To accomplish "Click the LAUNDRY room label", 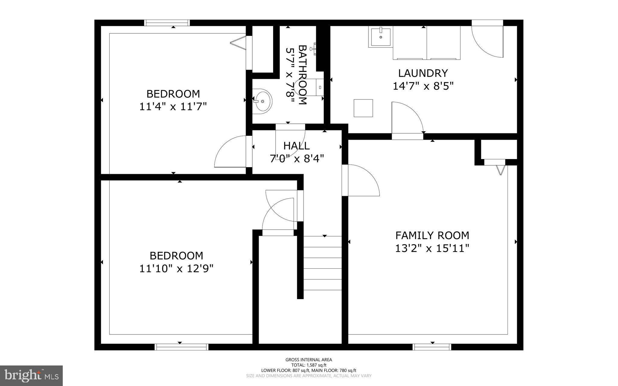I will point(423,73).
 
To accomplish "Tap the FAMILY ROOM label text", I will point(432,235).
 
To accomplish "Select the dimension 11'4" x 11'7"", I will point(173,107).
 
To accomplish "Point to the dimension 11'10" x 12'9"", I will point(176,268).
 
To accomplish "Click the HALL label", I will point(296,146).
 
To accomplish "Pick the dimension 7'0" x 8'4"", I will point(297,158).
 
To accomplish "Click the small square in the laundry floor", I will point(363,108).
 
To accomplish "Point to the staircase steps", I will point(322,263).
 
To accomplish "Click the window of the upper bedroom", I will point(167,23).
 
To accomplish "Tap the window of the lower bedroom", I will point(181,347).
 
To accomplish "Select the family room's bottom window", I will point(432,347).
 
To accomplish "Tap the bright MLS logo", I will point(31,375).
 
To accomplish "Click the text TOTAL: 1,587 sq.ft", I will point(309,365).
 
